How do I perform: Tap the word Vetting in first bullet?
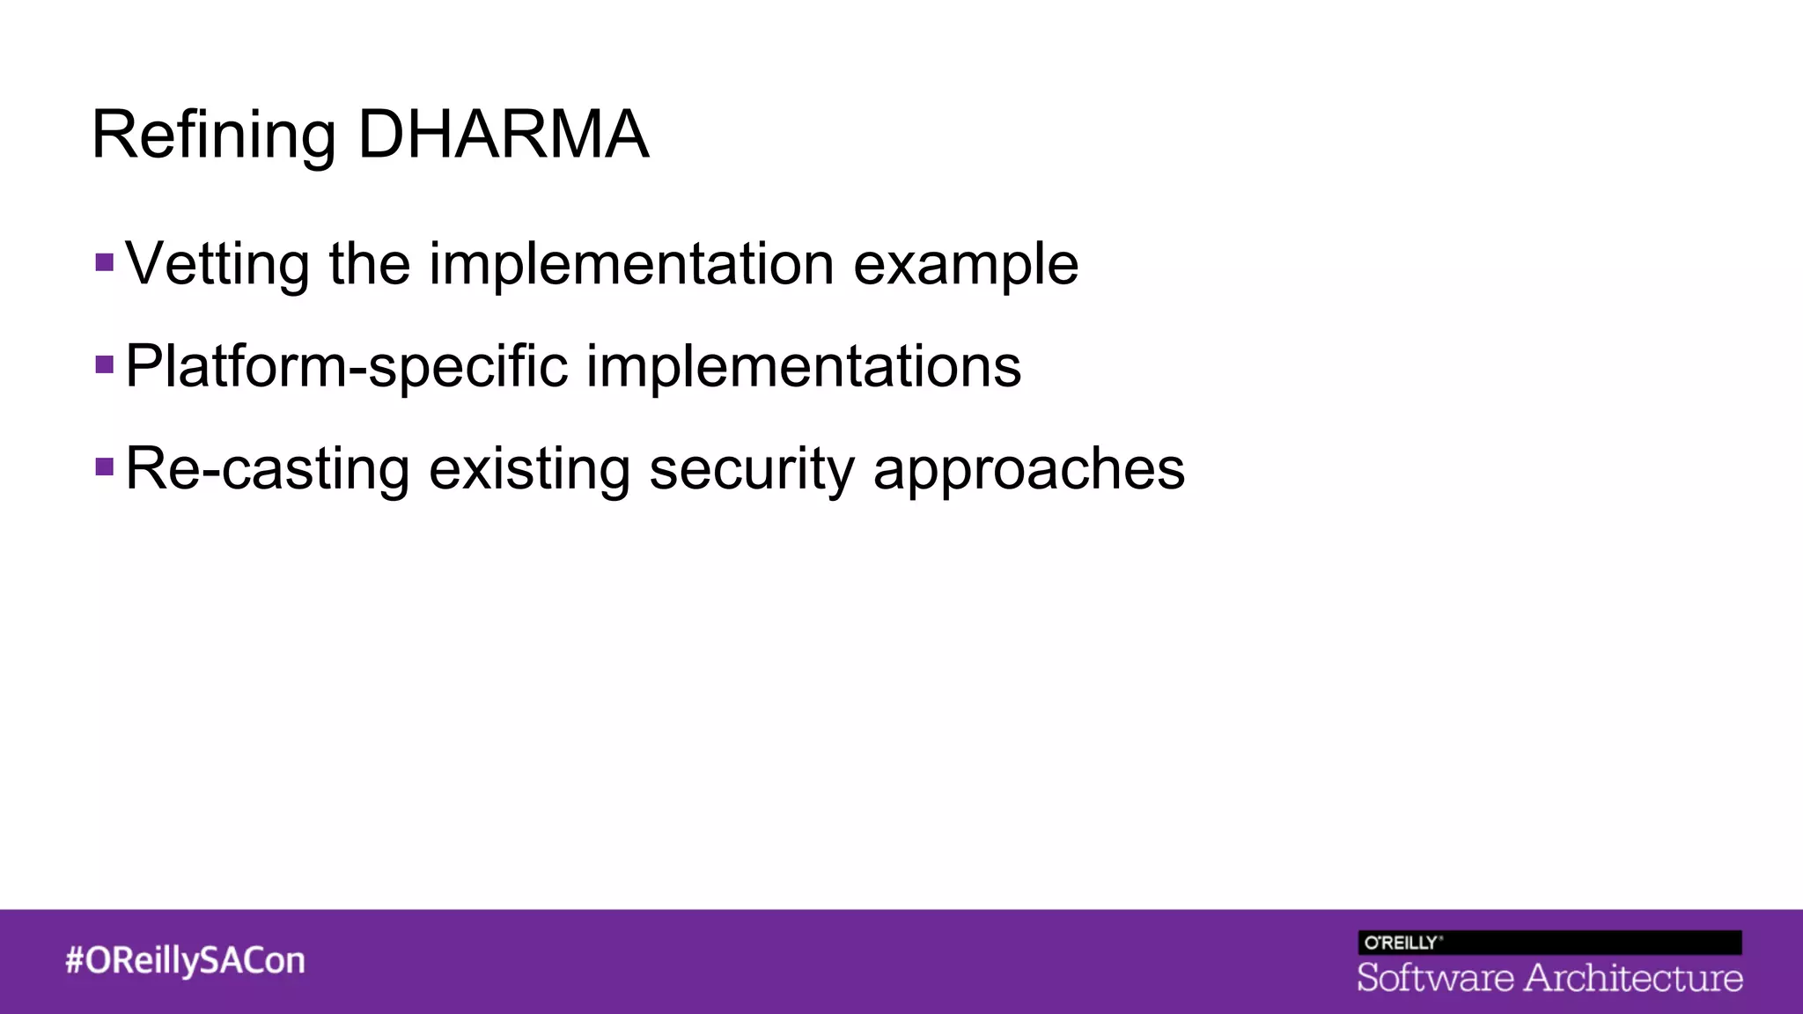point(217,264)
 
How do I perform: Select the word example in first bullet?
point(966,264)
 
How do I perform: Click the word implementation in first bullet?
point(631,264)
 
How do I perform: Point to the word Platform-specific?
point(346,366)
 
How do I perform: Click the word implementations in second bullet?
point(803,366)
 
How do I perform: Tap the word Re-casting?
point(268,468)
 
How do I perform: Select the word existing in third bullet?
point(529,468)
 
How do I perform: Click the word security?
point(751,468)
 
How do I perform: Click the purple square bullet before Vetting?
point(105,262)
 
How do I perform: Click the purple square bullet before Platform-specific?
point(105,364)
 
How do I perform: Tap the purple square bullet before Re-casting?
point(105,466)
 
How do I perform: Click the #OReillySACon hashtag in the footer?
point(185,960)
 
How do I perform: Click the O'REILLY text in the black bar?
point(1401,943)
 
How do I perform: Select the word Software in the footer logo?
point(1435,978)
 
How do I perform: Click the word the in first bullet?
point(369,264)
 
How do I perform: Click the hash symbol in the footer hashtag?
point(74,960)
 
